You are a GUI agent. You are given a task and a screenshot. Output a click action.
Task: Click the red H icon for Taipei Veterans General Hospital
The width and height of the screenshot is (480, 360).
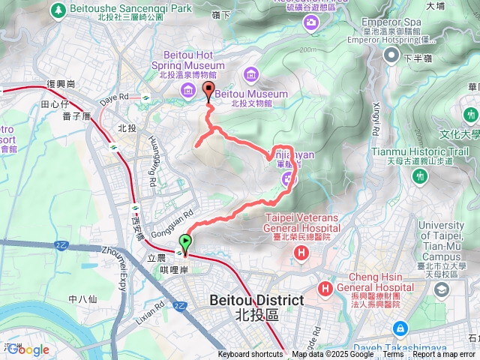301,253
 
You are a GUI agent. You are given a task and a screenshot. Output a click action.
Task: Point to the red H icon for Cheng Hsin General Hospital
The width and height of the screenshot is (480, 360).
326,289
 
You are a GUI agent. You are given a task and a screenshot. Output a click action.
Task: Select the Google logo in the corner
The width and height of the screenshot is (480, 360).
28,349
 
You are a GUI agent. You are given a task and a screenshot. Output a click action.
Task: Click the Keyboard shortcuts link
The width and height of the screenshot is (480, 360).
250,355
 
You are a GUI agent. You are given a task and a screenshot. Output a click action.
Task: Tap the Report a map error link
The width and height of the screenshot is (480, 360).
443,355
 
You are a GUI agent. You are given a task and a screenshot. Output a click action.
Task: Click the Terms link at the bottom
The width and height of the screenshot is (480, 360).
393,355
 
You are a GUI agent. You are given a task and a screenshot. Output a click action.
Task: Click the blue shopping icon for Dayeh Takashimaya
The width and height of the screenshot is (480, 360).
400,328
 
